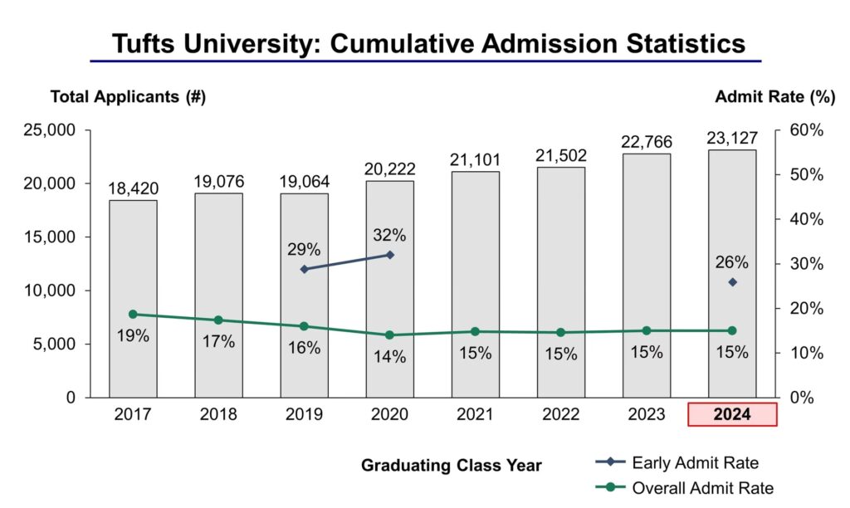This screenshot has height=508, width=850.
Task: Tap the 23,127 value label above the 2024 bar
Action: click(x=732, y=138)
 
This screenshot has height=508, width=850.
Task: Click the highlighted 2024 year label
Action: click(x=732, y=414)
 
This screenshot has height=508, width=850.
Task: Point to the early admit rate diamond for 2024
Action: click(x=732, y=282)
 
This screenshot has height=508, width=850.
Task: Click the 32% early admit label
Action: click(x=390, y=235)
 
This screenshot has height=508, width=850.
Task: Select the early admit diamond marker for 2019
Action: click(x=304, y=269)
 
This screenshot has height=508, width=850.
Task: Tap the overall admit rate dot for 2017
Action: click(x=133, y=314)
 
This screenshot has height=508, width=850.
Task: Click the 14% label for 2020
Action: click(x=390, y=357)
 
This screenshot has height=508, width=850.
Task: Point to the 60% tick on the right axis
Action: click(x=806, y=130)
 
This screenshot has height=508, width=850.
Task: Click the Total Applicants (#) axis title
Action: click(x=128, y=97)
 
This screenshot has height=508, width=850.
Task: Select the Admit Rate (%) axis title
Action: click(x=774, y=97)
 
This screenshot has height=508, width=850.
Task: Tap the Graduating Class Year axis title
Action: click(x=451, y=466)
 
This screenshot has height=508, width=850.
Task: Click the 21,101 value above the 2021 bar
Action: click(x=476, y=159)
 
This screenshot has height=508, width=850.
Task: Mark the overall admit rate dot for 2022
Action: click(x=561, y=332)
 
